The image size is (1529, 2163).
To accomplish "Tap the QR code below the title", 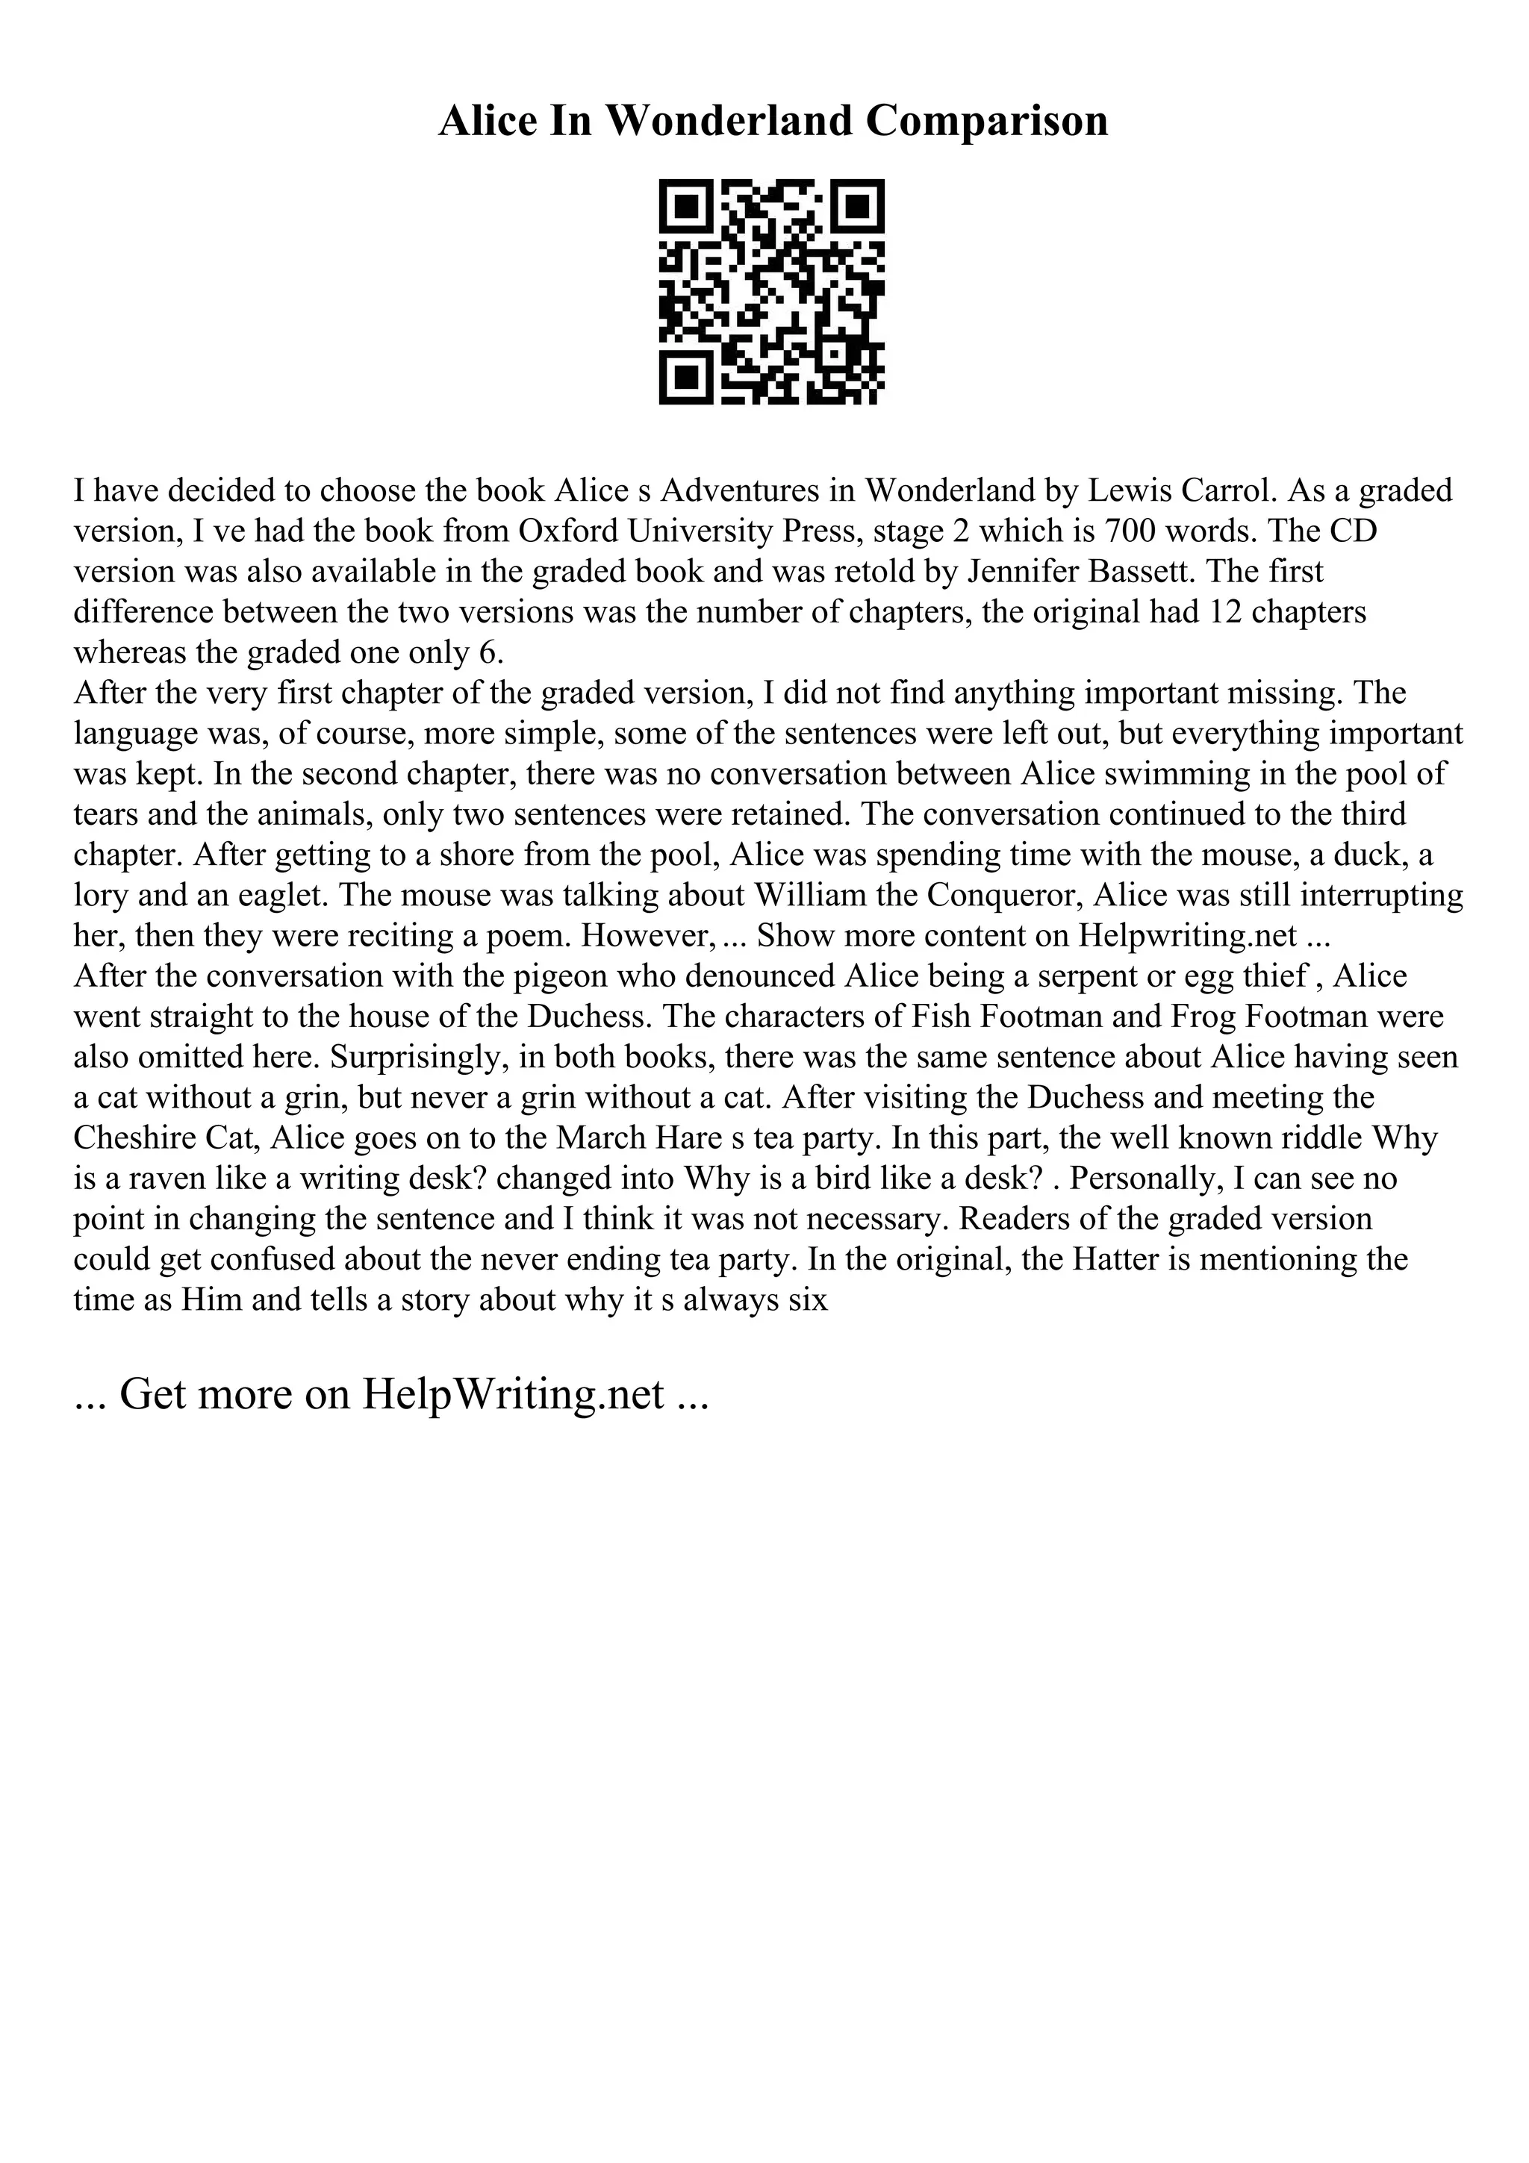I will point(771,292).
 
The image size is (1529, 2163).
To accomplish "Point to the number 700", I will point(1138,531).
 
